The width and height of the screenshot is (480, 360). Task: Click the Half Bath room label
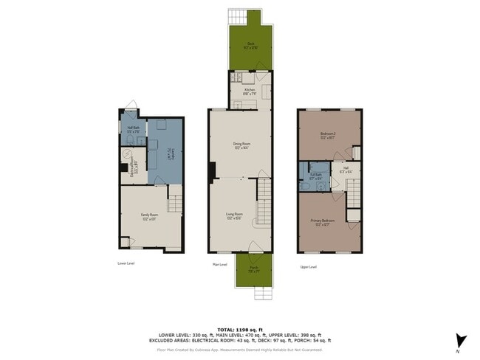(134, 129)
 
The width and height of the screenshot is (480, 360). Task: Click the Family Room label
(150, 217)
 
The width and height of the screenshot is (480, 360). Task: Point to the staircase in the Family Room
(174, 203)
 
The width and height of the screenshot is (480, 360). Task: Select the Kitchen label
(250, 91)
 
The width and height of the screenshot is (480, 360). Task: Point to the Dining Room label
(239, 145)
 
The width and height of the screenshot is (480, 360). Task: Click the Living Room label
(234, 216)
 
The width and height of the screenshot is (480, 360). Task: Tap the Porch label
(253, 270)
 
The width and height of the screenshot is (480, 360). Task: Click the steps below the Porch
(264, 294)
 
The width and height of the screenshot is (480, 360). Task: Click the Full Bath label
(315, 176)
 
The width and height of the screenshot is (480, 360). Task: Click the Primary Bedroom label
(326, 222)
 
